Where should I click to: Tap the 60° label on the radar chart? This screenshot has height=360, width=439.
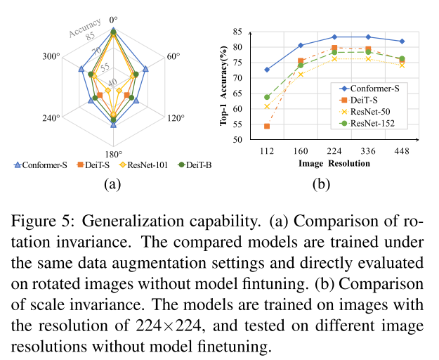[x=172, y=55]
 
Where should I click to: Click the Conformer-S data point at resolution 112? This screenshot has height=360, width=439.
[x=266, y=70]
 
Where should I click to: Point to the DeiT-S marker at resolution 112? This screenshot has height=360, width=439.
[x=266, y=127]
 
